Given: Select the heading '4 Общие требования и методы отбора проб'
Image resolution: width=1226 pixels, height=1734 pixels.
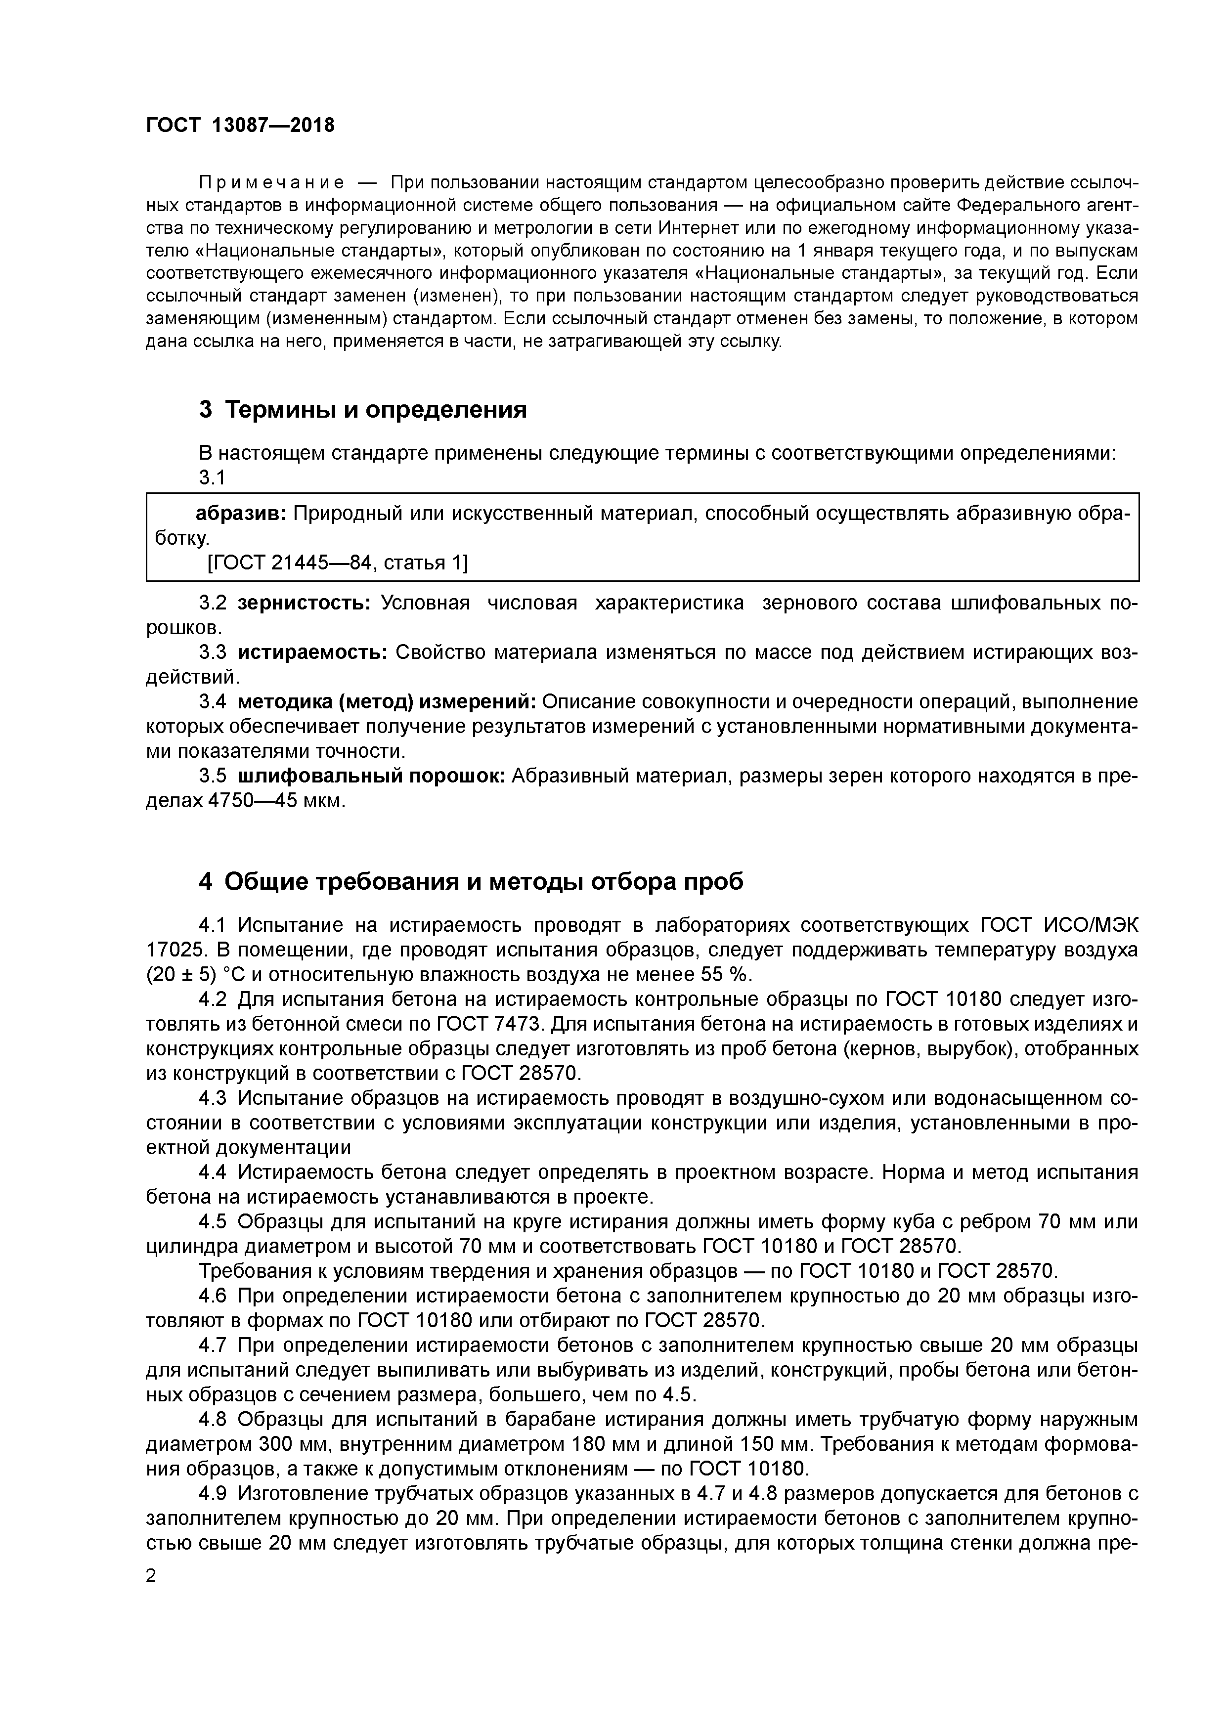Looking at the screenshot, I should click(471, 881).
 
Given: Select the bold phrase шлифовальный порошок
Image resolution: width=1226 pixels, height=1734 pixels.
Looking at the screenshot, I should click(371, 777).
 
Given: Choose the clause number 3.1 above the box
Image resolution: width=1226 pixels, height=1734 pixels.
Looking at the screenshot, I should click(212, 478).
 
